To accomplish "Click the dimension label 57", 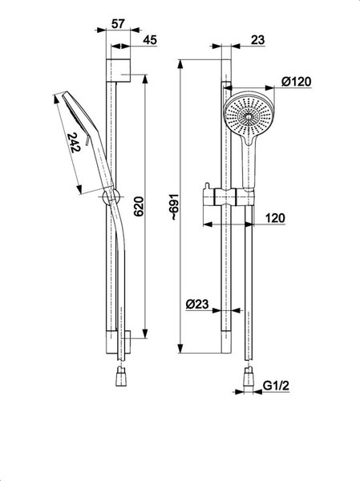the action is (x=118, y=23).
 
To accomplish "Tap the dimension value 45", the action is (x=150, y=40).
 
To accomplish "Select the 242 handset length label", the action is (x=74, y=143).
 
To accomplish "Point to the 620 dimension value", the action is (x=139, y=207).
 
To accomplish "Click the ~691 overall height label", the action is (x=174, y=207).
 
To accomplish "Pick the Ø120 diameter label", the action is (x=296, y=82).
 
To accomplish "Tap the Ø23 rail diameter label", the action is (x=197, y=304).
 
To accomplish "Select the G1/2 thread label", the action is (x=276, y=386).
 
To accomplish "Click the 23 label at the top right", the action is (x=258, y=40).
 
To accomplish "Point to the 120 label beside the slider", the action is (x=275, y=218).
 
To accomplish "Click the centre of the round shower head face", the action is (x=249, y=116).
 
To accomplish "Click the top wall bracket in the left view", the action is (x=118, y=71).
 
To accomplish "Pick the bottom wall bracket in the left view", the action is (x=118, y=342).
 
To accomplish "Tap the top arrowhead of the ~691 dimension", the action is (x=180, y=64).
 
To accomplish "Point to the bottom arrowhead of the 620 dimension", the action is (x=145, y=333).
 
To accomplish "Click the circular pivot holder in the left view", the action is (x=111, y=196).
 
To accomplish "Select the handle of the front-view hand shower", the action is (x=249, y=164).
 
